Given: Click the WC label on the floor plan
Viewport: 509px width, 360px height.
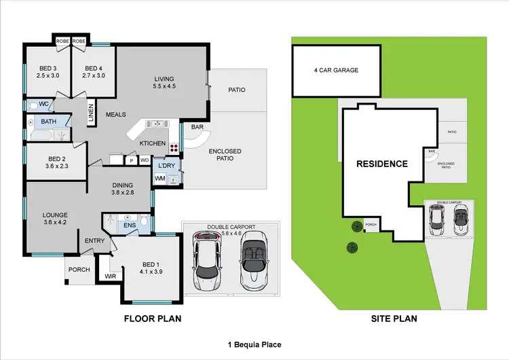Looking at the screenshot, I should coord(42,105).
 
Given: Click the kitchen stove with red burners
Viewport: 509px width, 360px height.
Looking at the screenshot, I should coord(173,147).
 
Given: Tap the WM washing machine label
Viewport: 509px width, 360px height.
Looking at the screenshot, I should coord(160,178).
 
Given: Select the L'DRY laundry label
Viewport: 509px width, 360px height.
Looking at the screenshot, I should coord(166,165).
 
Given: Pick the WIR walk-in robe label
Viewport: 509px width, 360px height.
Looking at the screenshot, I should coord(110,276).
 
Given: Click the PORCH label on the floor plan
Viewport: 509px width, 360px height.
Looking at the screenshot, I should coord(78,270).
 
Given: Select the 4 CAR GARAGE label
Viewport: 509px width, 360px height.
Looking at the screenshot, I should coord(336,70).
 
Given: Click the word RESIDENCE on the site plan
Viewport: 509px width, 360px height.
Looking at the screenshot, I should coord(383,164).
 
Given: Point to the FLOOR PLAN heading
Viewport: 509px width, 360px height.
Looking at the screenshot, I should coord(153,319).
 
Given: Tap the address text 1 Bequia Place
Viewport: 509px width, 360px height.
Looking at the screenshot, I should coord(254,345).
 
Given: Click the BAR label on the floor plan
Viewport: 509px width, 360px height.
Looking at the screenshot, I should coord(198,126).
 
